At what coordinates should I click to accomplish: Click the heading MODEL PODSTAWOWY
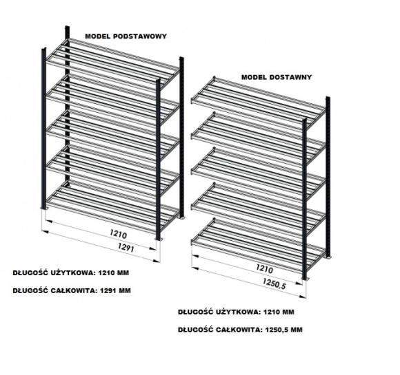click(x=126, y=36)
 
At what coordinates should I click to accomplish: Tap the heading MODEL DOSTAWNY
click(x=277, y=77)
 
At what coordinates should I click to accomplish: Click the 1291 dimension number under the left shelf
click(x=126, y=248)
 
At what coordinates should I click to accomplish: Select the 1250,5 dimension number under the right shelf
click(x=274, y=284)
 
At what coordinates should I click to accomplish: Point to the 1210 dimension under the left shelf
click(x=118, y=234)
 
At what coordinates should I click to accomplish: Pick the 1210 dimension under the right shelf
click(x=264, y=268)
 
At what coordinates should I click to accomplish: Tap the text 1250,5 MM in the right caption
click(x=283, y=330)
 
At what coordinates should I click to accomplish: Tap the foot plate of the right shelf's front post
click(x=305, y=279)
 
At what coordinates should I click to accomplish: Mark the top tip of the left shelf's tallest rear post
click(x=68, y=26)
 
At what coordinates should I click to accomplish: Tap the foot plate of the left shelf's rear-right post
click(x=181, y=217)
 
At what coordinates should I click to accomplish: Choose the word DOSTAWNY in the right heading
click(x=291, y=77)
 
